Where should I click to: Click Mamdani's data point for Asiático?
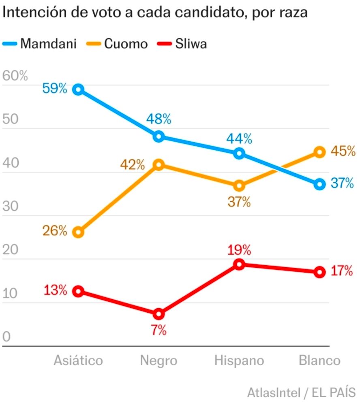coord(78,90)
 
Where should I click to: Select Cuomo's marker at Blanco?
coord(319,152)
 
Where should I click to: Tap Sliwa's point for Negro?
coord(159,314)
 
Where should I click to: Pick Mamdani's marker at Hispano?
coord(239,153)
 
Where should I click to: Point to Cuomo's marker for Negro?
coord(159,164)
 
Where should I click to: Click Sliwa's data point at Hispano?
coord(239,264)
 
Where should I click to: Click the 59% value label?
coord(54,88)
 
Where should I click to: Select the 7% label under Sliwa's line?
coord(159,330)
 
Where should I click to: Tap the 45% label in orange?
coord(343,151)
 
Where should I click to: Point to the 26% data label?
coord(54,231)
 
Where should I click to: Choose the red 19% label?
coord(239,249)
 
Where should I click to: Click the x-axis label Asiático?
coord(78,360)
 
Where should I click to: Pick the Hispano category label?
coord(239,360)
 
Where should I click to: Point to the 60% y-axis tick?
coord(15,76)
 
